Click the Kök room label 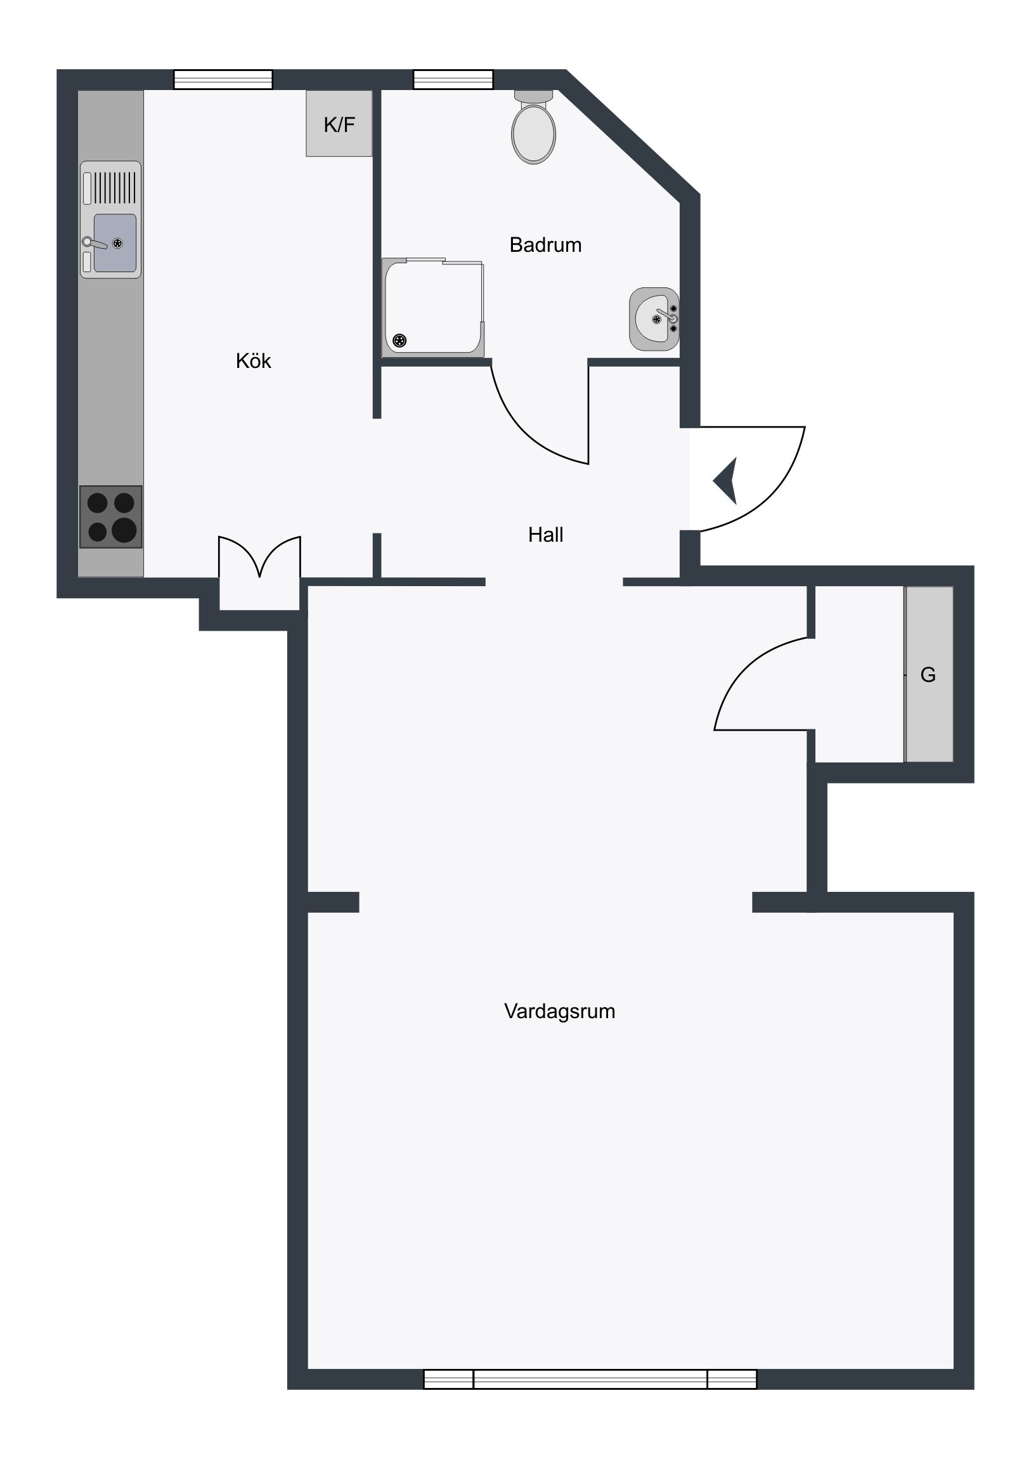253,361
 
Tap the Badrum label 545,245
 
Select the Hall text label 545,534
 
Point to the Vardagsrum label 559,1011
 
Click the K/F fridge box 339,123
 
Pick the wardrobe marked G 929,674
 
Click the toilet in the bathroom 534,127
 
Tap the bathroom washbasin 654,319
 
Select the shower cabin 432,308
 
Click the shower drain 399,341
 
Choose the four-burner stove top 110,516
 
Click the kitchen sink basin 115,243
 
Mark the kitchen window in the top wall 223,79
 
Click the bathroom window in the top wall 453,79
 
